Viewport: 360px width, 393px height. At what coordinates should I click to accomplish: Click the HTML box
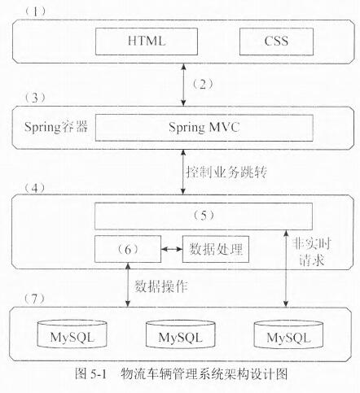tap(147, 41)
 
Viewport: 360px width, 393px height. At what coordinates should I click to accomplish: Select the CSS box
tap(276, 41)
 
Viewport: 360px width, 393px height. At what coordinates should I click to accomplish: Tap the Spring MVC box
tap(204, 128)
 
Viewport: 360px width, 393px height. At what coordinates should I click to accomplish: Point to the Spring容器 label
tap(56, 127)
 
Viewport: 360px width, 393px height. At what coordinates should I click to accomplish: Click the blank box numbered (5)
tap(204, 216)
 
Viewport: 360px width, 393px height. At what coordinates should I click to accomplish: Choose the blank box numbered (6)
tap(128, 249)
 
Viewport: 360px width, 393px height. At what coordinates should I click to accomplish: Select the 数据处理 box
tap(216, 249)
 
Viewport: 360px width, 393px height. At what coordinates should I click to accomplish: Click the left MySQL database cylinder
tap(72, 334)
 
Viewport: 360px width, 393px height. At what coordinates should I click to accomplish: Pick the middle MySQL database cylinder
tap(181, 334)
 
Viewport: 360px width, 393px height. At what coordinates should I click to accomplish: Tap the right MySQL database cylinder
tap(288, 334)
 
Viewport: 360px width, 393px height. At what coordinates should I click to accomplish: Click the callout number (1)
tap(35, 11)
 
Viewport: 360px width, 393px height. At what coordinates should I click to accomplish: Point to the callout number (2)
tap(203, 85)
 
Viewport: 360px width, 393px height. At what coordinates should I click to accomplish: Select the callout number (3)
tap(35, 98)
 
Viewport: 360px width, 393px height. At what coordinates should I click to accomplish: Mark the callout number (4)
tap(35, 188)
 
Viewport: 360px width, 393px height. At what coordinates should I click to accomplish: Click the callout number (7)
tap(34, 299)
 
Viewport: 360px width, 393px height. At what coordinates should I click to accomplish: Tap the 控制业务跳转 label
tap(226, 172)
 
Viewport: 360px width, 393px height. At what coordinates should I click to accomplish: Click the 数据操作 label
tap(161, 286)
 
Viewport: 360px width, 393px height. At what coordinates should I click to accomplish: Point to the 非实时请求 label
tap(311, 252)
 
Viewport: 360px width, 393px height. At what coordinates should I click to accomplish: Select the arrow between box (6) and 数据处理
tap(172, 249)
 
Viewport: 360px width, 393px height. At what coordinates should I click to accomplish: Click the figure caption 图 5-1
tap(91, 374)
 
